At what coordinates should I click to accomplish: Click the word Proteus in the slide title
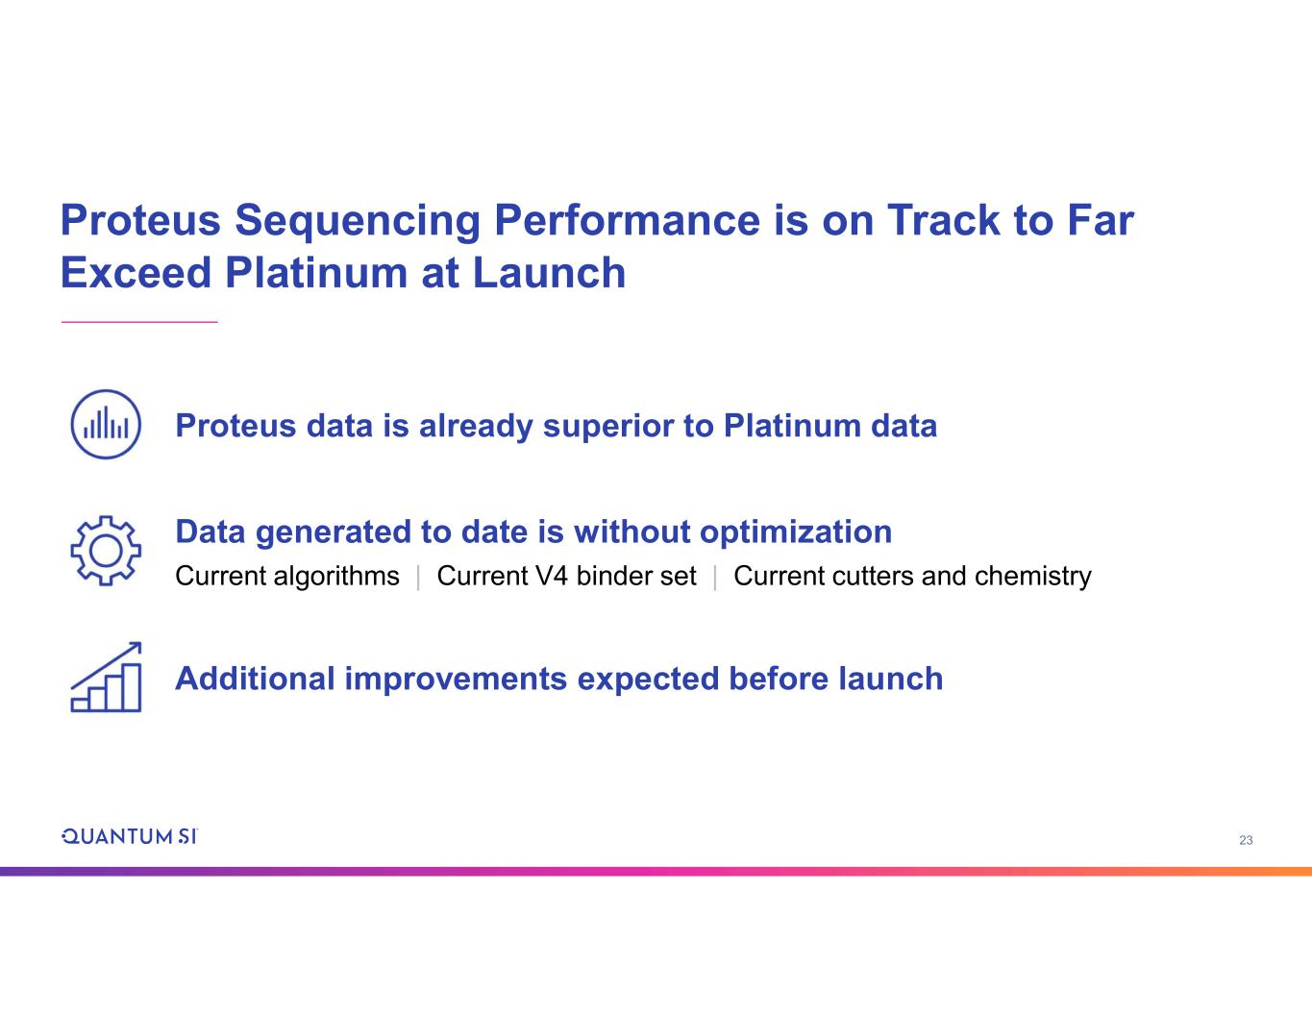[140, 220]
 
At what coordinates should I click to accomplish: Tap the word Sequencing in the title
[358, 223]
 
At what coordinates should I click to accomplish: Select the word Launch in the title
[549, 273]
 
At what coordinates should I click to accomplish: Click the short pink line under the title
[139, 322]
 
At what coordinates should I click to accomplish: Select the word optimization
[795, 532]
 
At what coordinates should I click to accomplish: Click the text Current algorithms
[286, 577]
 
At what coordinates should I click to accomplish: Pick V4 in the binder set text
[552, 576]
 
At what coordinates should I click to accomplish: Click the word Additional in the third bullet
[255, 679]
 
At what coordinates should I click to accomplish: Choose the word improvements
[456, 680]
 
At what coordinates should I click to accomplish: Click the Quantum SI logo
[129, 836]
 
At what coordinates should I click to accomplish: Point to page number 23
[1246, 840]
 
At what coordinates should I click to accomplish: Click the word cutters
[874, 577]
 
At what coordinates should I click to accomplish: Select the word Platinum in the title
[316, 273]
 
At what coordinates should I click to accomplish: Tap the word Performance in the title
[627, 220]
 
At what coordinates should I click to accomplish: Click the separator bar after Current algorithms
[418, 578]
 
